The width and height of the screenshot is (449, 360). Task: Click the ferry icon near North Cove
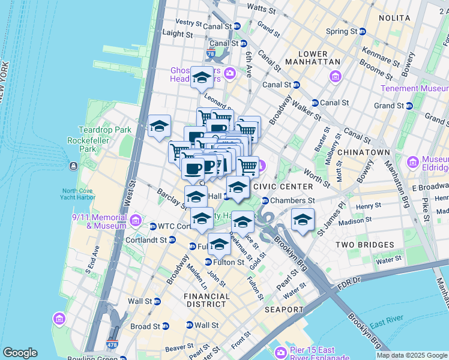pyautogui.click(x=73, y=166)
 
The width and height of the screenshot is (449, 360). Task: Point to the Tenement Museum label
pyautogui.click(x=414, y=88)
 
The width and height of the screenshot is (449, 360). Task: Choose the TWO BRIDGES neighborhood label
pyautogui.click(x=364, y=245)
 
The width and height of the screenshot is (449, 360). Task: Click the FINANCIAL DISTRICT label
pyautogui.click(x=206, y=301)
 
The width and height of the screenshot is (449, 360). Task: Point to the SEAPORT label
pyautogui.click(x=284, y=310)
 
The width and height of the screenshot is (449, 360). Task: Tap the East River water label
pyautogui.click(x=385, y=325)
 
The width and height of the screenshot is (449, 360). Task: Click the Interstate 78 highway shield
pyautogui.click(x=211, y=54)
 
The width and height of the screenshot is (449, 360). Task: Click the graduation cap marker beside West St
pyautogui.click(x=160, y=127)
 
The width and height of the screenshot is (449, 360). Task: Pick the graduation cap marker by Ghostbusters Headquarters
pyautogui.click(x=202, y=77)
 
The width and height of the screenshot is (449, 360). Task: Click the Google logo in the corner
pyautogui.click(x=20, y=353)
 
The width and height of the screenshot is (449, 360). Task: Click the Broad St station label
pyautogui.click(x=146, y=326)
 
